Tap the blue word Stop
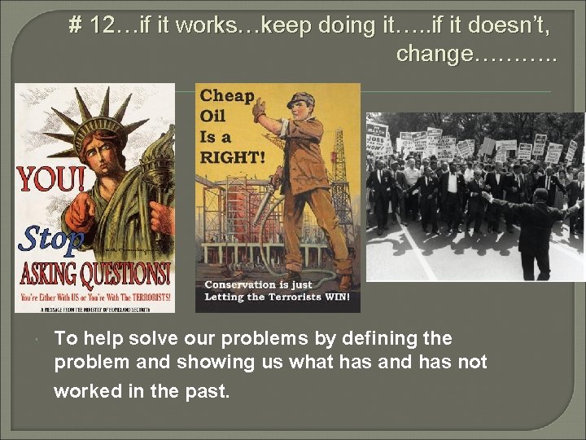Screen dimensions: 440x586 pos(50,239)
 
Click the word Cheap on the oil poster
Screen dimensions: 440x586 pos(227,96)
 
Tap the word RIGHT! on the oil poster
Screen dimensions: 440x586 pos(233,156)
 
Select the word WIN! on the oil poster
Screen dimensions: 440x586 pos(337,297)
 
